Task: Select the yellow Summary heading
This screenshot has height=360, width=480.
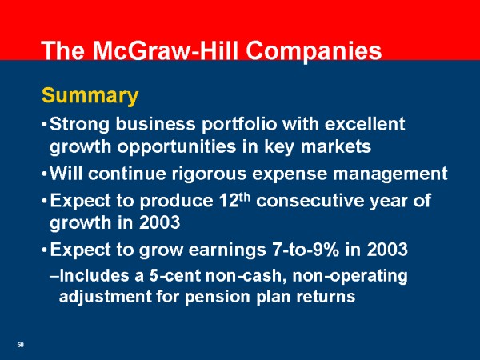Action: click(90, 97)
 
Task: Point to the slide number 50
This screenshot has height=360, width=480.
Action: click(21, 345)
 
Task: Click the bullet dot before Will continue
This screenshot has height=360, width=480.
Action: click(43, 174)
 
